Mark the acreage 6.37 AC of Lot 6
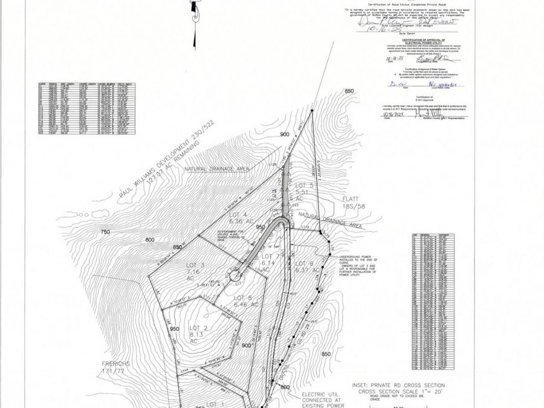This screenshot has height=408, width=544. [302, 270]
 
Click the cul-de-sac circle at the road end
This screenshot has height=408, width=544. [234, 275]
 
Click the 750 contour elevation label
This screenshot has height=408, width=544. [106, 232]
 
